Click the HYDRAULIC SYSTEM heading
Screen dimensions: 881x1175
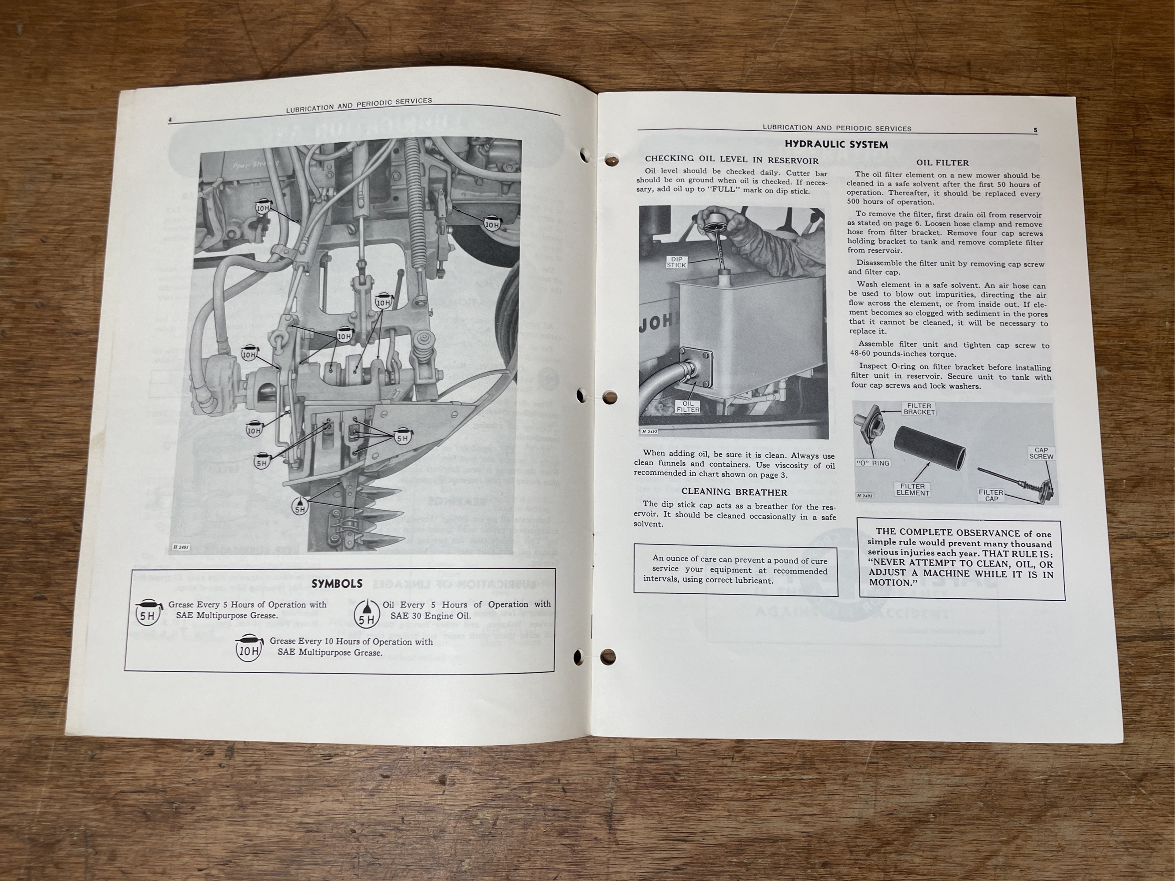pos(836,144)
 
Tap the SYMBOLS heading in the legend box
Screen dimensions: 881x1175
pos(337,584)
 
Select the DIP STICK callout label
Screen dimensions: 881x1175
pos(676,262)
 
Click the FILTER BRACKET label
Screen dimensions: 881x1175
pos(919,408)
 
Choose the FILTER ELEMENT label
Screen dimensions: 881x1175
pos(912,489)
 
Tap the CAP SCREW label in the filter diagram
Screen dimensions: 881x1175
pos(1041,453)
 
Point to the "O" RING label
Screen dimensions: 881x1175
pos(873,463)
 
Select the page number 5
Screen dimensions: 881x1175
pos(1035,130)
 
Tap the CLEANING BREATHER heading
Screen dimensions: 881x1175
pos(734,492)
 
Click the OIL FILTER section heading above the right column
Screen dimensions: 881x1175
pos(942,163)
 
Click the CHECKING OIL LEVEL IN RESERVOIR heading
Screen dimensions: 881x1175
pos(731,158)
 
